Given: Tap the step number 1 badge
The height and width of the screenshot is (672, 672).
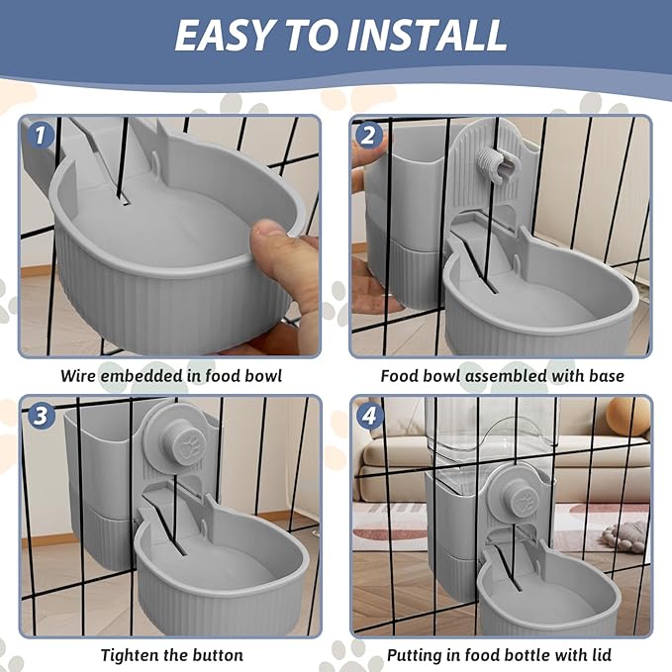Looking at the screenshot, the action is [x=41, y=135].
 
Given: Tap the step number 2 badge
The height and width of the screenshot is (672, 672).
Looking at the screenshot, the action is [x=368, y=135].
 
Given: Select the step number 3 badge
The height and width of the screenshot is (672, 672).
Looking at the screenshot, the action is [x=41, y=415].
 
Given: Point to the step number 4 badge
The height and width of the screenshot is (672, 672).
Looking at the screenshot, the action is [x=369, y=415].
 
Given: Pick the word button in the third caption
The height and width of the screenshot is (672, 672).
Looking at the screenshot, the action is [x=218, y=655].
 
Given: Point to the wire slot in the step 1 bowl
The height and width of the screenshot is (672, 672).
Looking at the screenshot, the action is [x=124, y=199].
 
